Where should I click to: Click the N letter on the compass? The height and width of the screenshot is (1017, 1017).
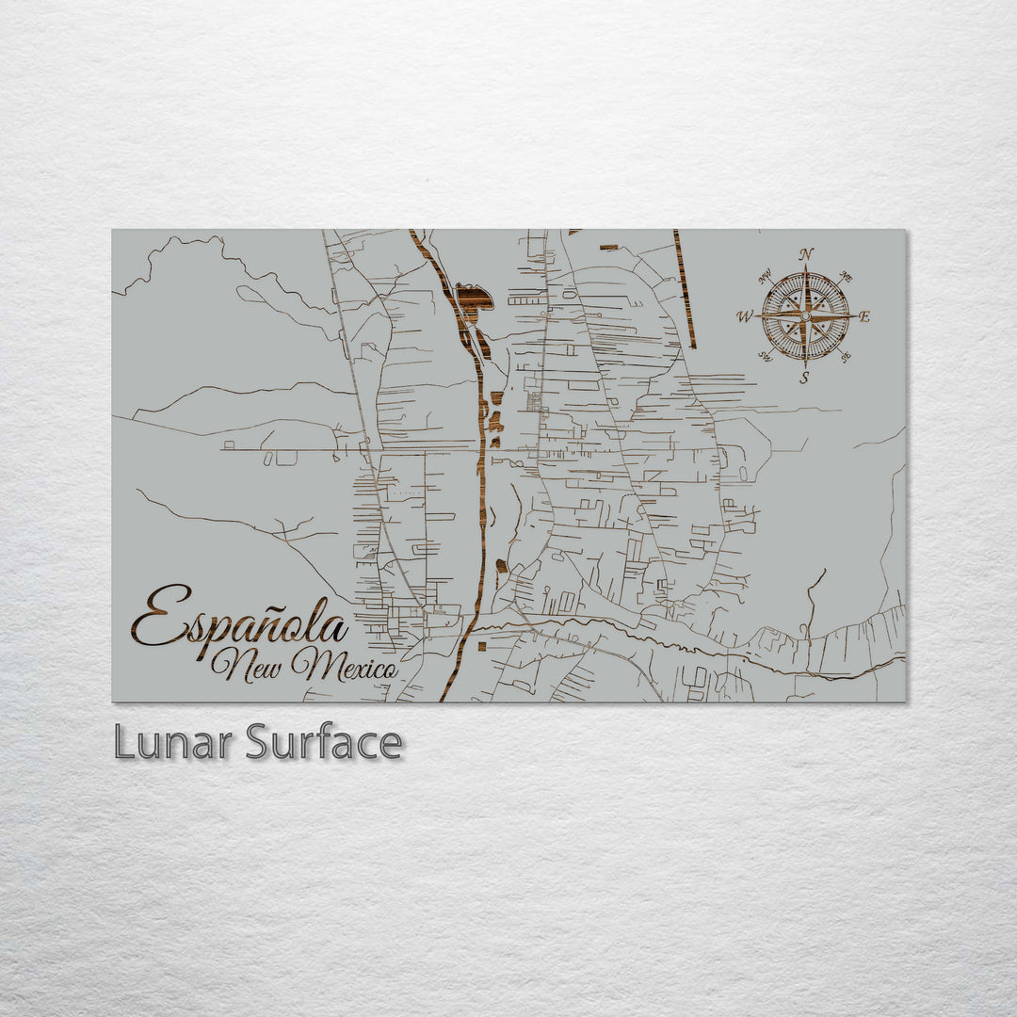point(806,254)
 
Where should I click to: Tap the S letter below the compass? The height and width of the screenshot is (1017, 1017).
point(804,379)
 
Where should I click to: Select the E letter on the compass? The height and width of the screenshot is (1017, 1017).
point(864,317)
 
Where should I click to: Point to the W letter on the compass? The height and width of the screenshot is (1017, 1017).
point(744,317)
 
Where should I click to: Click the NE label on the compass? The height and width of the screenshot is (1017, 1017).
point(846,278)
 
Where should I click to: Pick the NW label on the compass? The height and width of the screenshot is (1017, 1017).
point(765,277)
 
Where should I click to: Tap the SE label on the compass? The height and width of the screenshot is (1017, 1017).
point(845,357)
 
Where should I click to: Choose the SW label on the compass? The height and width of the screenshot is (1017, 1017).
point(765,357)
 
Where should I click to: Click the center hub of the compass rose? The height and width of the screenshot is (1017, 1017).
point(805,316)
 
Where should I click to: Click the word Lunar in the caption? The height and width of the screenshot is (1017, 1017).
point(173,742)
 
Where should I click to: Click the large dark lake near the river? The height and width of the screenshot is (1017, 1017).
point(474,298)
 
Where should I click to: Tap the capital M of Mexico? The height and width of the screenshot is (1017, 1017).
point(311,665)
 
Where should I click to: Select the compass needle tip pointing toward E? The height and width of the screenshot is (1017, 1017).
point(851,316)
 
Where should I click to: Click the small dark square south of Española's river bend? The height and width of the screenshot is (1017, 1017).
point(481,647)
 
